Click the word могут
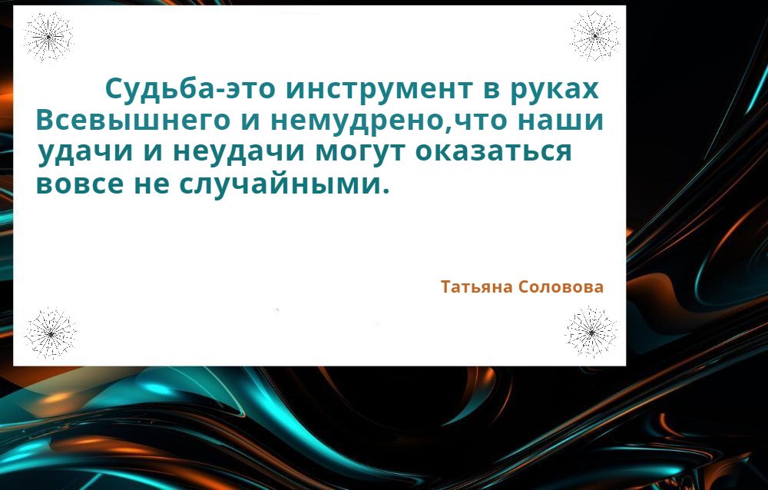coord(361,152)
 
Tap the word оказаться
coord(494,151)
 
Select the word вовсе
coord(80,184)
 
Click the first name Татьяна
coord(477,286)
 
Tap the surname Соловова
coord(561,286)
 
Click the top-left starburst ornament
coord(48,37)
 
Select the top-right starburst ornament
coord(595,36)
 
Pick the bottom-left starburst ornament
coord(51,333)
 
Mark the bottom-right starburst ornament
coord(591,333)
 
